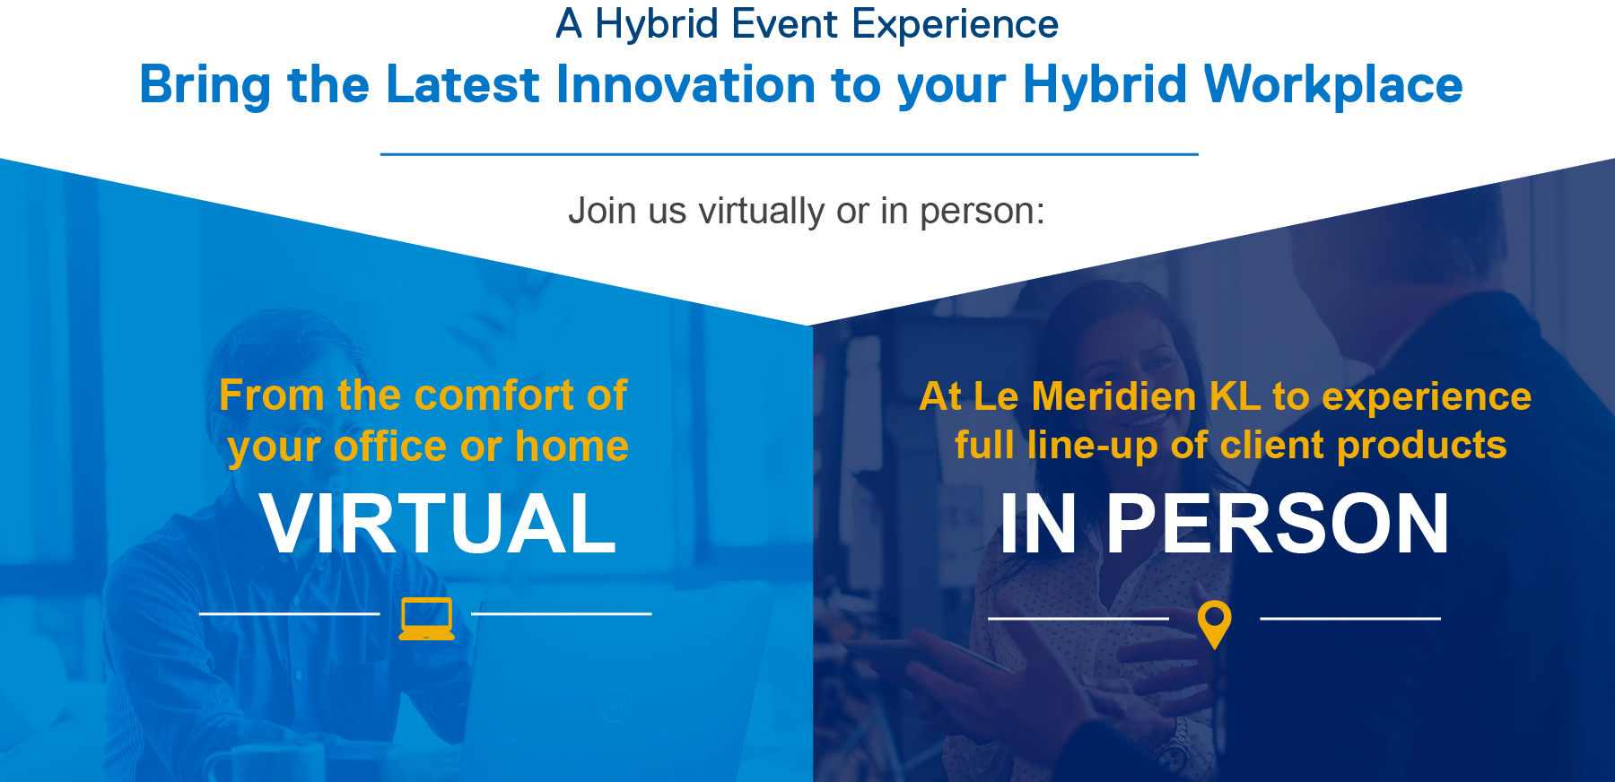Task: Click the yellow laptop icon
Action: [426, 618]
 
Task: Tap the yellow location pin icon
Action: [1214, 624]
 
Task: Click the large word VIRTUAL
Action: [438, 524]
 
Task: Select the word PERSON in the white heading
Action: [1278, 525]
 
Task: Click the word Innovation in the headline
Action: [685, 84]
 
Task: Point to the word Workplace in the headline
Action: [1332, 86]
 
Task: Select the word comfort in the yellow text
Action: [494, 395]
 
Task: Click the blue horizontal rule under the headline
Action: [790, 154]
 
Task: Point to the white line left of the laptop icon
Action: [289, 613]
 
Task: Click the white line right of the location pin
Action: [1350, 619]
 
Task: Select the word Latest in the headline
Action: [463, 84]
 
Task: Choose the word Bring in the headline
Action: [205, 86]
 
